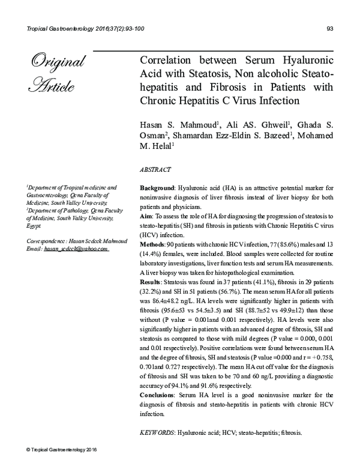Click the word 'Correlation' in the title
167,62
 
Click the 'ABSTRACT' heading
155,170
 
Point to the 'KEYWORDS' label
156,432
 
